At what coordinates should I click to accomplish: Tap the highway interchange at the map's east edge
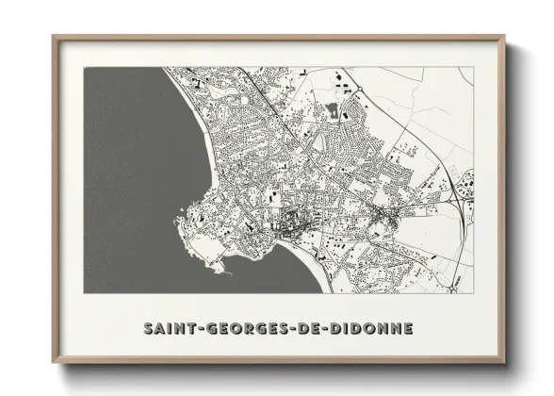pyautogui.click(x=459, y=188)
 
